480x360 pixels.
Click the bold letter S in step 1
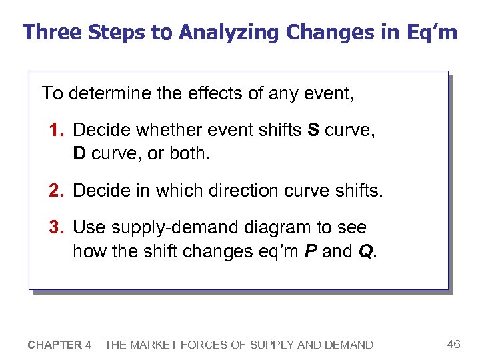click(313, 130)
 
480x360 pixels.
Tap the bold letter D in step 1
click(79, 154)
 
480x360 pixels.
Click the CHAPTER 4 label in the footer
click(59, 345)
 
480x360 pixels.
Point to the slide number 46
click(453, 344)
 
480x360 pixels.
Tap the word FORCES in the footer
click(203, 345)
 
